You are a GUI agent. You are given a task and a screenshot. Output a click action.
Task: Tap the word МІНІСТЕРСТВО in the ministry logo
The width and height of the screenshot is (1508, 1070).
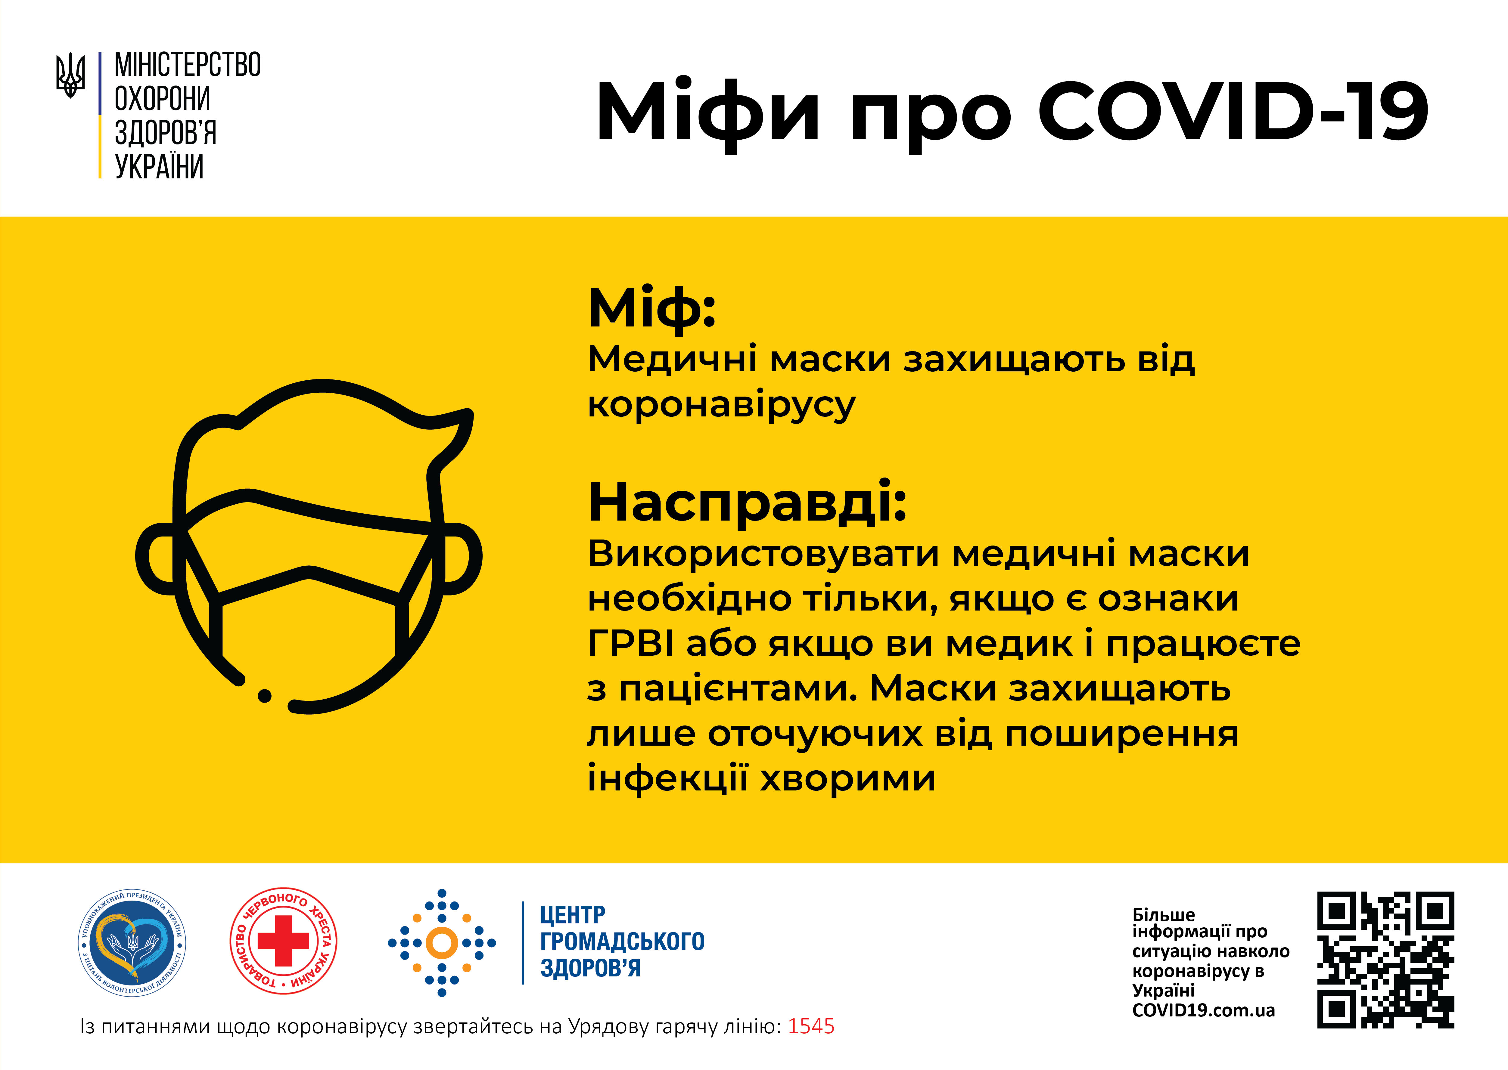[188, 65]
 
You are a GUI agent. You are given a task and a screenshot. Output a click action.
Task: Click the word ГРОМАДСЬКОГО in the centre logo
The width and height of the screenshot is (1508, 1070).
[622, 942]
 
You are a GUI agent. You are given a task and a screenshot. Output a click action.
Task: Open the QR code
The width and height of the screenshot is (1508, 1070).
[1385, 960]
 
